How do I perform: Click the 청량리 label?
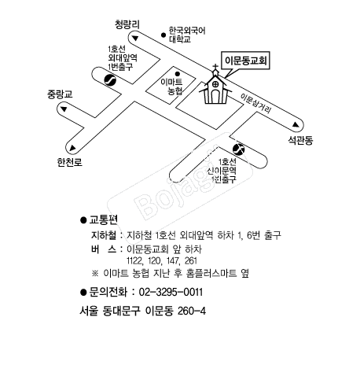(x=127, y=24)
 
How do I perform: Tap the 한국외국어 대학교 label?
(x=187, y=35)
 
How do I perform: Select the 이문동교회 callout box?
(x=245, y=61)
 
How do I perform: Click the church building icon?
(x=215, y=87)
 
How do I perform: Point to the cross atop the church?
(x=215, y=67)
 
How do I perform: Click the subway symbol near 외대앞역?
(x=110, y=79)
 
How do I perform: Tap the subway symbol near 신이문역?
(x=238, y=149)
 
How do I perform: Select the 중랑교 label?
(x=60, y=94)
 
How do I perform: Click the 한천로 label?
(x=69, y=162)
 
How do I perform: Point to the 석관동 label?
(x=300, y=140)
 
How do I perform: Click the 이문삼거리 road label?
(x=255, y=103)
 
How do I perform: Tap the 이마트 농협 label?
(x=172, y=87)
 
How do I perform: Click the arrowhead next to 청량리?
(x=135, y=39)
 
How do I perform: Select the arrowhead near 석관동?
(x=296, y=124)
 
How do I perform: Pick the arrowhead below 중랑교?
(x=64, y=109)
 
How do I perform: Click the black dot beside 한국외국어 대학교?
(x=163, y=35)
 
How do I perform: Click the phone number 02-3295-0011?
(x=171, y=292)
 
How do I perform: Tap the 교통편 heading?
(x=104, y=219)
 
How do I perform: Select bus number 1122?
(x=134, y=261)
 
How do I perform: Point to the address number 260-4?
(x=192, y=311)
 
